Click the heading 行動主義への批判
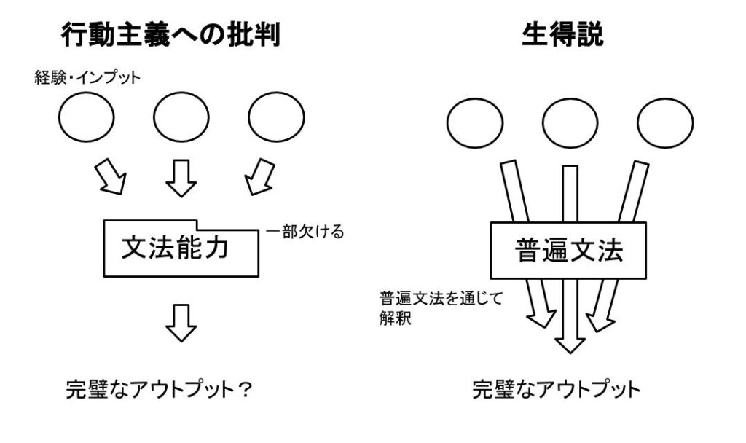pyautogui.click(x=170, y=35)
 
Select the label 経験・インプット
pyautogui.click(x=87, y=77)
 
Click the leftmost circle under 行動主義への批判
pyautogui.click(x=86, y=117)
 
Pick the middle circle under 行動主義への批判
pyautogui.click(x=181, y=117)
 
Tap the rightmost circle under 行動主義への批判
pyautogui.click(x=276, y=117)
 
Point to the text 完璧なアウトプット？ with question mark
pyautogui.click(x=159, y=391)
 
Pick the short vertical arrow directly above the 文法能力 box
pyautogui.click(x=181, y=179)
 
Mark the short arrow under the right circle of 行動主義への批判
pyautogui.click(x=255, y=179)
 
